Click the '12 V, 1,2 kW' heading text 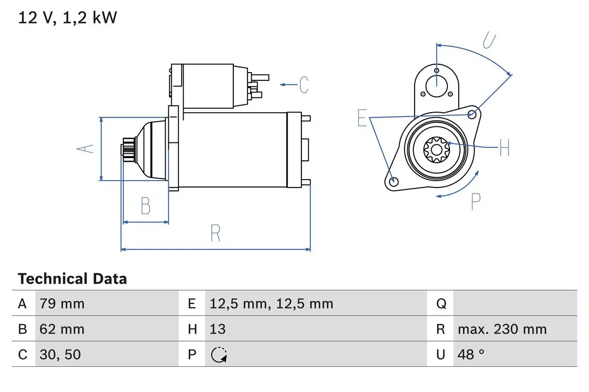(68, 18)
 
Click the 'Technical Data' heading (72, 279)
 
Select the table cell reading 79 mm (62, 304)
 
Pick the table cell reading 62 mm (62, 329)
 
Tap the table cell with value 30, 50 (60, 354)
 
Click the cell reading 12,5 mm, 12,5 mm (271, 304)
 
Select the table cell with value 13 (218, 329)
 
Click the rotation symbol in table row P (219, 355)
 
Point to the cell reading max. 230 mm (502, 329)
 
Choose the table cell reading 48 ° (471, 354)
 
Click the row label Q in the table (441, 304)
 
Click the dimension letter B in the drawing (145, 206)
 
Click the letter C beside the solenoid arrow (304, 85)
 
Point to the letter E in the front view (363, 119)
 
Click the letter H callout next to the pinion (504, 148)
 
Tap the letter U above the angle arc (489, 41)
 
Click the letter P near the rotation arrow (475, 201)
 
